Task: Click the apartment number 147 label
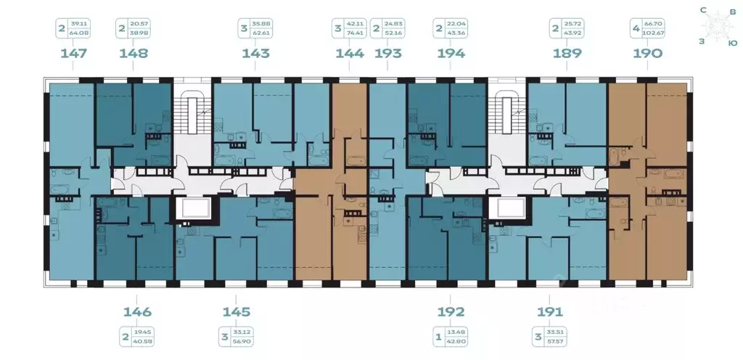[x=73, y=53]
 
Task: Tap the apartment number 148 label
[x=133, y=53]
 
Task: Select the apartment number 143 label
[x=255, y=53]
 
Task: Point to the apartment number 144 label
[x=350, y=53]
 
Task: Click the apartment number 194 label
[x=451, y=53]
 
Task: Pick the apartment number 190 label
[x=647, y=53]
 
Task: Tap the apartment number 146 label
[x=137, y=312]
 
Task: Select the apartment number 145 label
[x=237, y=312]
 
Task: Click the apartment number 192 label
[x=451, y=312]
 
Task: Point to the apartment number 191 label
[x=550, y=312]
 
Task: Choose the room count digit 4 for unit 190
[x=636, y=30]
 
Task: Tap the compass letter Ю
[x=733, y=43]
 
